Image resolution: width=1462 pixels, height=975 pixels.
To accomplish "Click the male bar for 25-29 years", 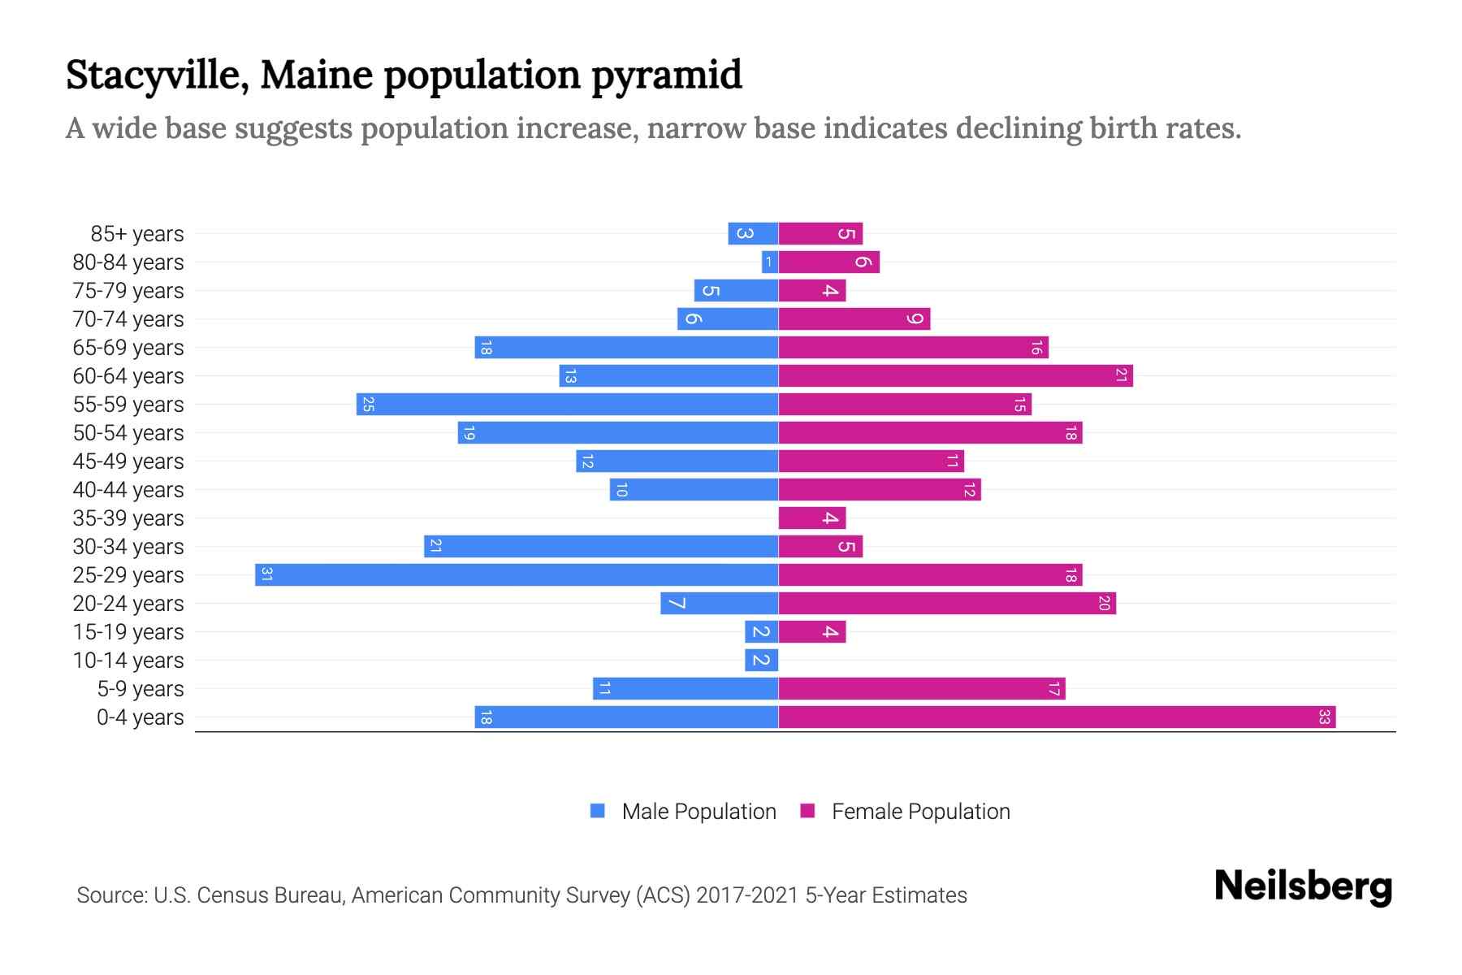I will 517,575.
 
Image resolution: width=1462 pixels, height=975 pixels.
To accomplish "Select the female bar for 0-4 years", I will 1056,717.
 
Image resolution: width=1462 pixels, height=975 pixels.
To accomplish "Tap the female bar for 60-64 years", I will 955,376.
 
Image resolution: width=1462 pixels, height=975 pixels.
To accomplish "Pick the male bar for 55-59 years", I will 567,405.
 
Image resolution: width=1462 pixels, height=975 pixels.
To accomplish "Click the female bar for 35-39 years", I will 812,518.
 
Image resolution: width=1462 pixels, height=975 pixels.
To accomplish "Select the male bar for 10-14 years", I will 761,661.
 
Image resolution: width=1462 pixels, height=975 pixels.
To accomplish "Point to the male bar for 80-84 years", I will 769,262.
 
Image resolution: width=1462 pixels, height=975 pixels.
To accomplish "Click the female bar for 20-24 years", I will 947,604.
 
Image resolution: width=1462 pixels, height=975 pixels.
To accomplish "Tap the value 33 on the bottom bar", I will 1324,717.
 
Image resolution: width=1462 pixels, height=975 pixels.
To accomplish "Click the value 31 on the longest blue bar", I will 266,575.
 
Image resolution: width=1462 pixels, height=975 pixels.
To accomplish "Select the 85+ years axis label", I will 137,234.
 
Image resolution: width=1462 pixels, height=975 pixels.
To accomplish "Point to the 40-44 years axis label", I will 128,490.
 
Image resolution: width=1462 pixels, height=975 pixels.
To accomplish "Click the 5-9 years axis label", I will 141,689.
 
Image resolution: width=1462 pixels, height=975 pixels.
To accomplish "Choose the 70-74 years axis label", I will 128,319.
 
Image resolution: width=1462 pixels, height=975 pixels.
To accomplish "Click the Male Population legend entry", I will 699,812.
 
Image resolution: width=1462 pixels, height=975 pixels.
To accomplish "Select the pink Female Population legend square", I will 807,811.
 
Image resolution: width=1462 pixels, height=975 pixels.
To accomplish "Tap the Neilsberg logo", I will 1303,886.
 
